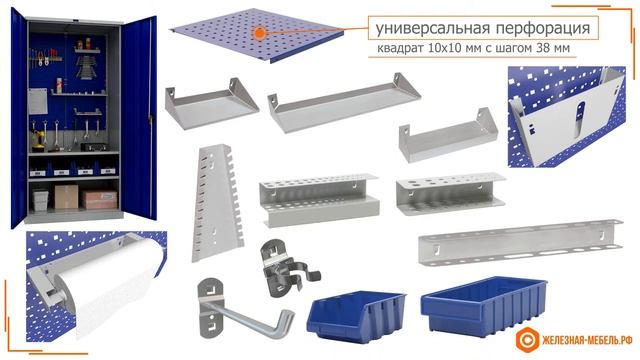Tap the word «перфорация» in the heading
tap(543, 29)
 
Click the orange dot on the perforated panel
tap(259, 33)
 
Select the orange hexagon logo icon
tap(527, 339)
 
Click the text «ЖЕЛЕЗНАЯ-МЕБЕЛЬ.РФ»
tap(587, 340)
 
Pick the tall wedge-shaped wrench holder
tap(217, 202)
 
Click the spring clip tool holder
tap(287, 268)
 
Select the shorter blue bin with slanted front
tap(356, 316)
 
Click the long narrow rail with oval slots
tap(520, 243)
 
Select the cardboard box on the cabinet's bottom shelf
tap(66, 197)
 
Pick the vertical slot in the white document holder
tap(580, 119)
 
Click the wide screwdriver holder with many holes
tap(319, 200)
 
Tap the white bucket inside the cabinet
tap(40, 200)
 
